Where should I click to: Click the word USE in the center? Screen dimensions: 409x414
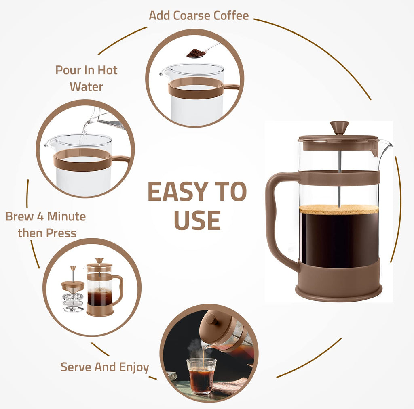click(x=197, y=220)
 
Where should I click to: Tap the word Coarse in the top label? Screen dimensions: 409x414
click(x=193, y=16)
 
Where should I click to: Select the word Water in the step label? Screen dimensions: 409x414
click(x=86, y=87)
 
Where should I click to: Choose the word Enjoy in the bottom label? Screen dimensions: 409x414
click(x=133, y=367)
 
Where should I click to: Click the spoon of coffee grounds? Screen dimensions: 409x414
click(x=196, y=53)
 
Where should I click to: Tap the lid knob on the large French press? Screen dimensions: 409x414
click(x=339, y=126)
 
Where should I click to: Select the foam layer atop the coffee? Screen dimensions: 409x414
click(x=339, y=210)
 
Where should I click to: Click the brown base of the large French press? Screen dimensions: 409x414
click(x=339, y=283)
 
